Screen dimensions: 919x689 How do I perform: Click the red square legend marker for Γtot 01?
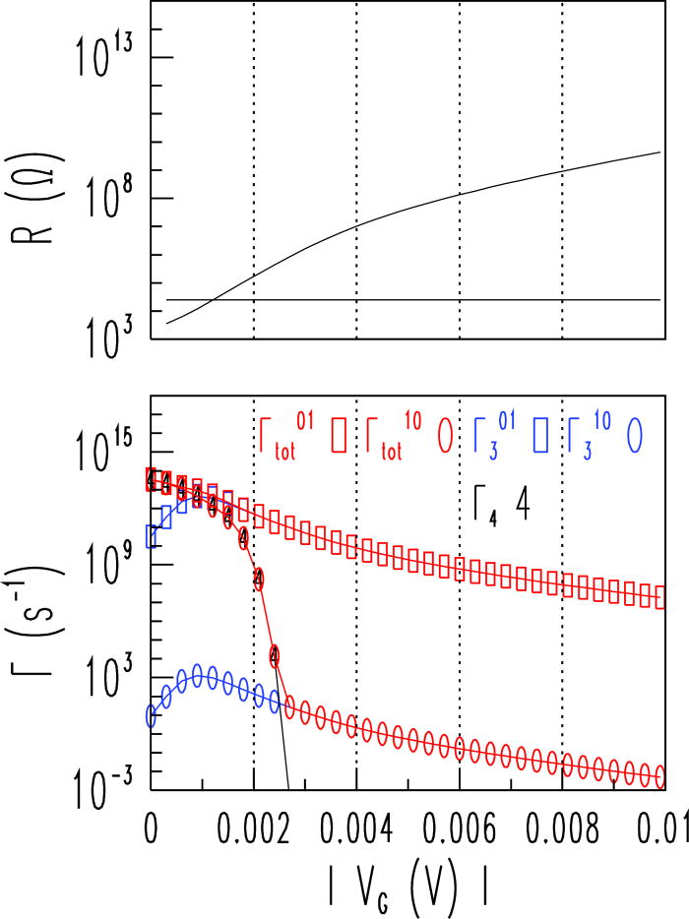339,435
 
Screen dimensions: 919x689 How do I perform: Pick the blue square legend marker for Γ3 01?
540,435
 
